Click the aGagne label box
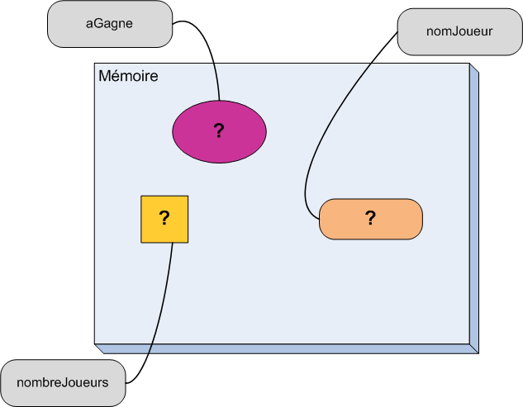coord(109,24)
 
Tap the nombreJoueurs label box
coord(64,382)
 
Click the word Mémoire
coord(128,77)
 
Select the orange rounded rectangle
coord(397,219)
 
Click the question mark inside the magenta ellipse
coord(219,130)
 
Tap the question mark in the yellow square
coord(164,218)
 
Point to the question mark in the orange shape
coord(370,218)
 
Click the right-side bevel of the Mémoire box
coord(474,206)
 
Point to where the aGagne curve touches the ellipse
coord(219,102)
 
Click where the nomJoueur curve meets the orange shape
coord(320,220)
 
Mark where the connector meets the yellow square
coord(172,243)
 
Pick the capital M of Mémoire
coord(105,77)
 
